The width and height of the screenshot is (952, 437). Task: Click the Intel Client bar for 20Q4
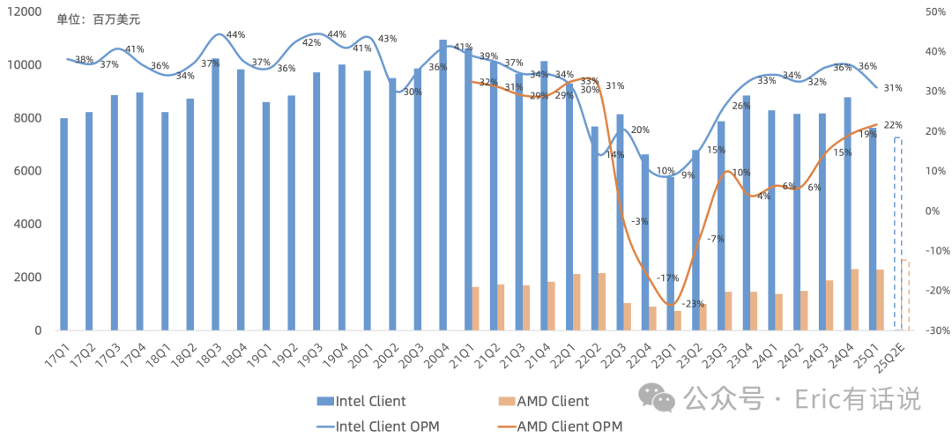[443, 185]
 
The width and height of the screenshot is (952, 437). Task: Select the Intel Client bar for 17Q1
[63, 224]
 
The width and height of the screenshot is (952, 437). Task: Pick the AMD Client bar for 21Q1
[475, 308]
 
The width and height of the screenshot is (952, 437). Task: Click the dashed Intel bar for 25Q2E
[897, 234]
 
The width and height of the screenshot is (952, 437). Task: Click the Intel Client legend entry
[361, 402]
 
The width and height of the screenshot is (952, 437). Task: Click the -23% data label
[693, 303]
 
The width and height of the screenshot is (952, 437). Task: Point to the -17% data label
[667, 278]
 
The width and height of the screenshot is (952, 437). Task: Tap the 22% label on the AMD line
[892, 124]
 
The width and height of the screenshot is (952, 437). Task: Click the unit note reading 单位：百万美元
[98, 19]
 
